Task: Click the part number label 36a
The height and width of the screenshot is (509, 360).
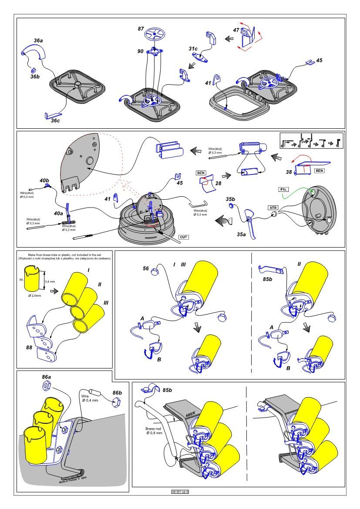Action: click(x=38, y=40)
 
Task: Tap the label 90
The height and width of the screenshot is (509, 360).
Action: click(x=140, y=51)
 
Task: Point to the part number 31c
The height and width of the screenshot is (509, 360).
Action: click(x=193, y=49)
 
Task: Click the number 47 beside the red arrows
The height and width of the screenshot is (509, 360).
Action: click(x=236, y=30)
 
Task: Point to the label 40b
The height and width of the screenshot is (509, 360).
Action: click(x=44, y=180)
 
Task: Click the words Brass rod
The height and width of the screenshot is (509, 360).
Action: click(x=153, y=429)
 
